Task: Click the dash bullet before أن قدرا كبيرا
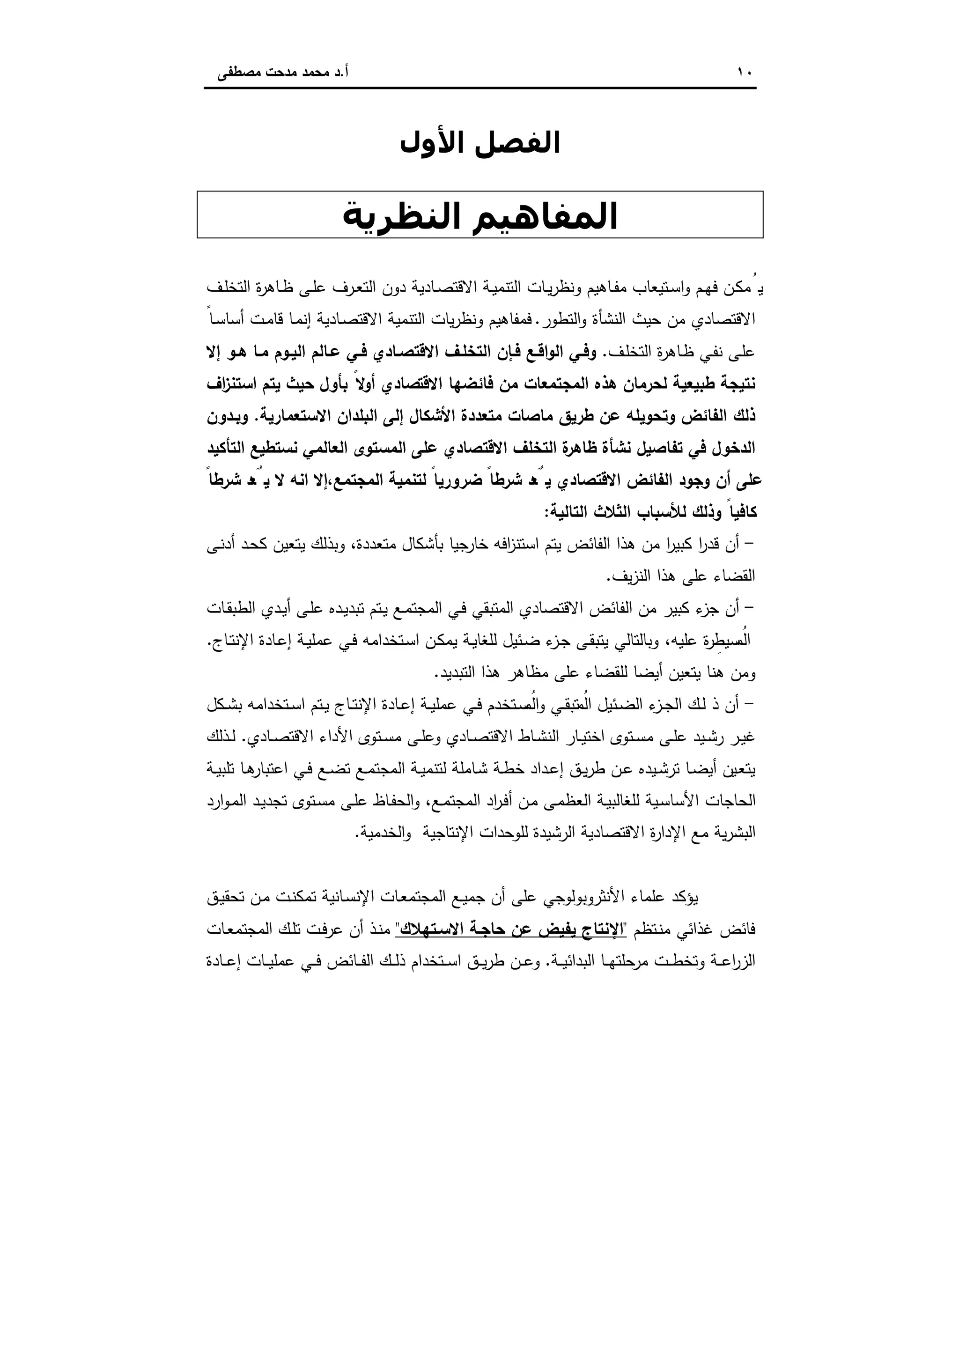(x=752, y=543)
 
